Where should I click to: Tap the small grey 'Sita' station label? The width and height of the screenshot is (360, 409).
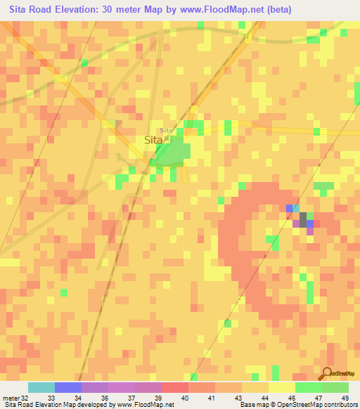click(167, 131)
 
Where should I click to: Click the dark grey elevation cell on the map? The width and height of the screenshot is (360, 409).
click(303, 219)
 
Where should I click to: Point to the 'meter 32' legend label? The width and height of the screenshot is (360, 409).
click(15, 398)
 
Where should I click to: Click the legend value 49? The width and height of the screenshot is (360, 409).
click(344, 398)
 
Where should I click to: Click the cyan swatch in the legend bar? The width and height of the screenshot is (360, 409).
click(41, 387)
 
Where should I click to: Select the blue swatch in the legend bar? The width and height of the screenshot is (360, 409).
click(68, 387)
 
